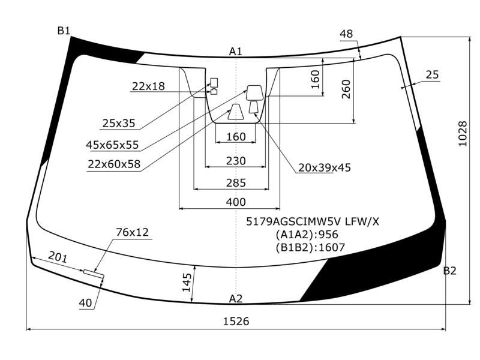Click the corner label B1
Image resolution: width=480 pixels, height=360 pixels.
tap(64, 31)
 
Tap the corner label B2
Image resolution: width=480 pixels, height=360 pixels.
tap(449, 271)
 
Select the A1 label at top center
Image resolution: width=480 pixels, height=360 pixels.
tap(236, 52)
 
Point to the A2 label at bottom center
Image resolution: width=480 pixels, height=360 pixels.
tap(236, 298)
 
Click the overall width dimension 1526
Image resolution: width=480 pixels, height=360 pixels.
tap(236, 321)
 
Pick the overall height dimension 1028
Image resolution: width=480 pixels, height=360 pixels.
tap(463, 134)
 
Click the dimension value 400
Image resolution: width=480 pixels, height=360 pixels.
tap(236, 202)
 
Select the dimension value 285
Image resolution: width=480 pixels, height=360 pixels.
tap(236, 183)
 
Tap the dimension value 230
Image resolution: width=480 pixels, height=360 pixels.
tap(236, 161)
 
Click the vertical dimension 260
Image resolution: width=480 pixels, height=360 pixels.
tap(346, 89)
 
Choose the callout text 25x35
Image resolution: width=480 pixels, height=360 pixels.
tap(119, 123)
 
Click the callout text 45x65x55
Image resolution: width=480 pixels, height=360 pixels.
tap(112, 145)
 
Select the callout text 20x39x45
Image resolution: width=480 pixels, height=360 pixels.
tap(325, 167)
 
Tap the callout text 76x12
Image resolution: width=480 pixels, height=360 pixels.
tap(132, 232)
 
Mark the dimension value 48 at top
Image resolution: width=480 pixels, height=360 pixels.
tap(346, 34)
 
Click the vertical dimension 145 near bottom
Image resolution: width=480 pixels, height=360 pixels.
tap(187, 282)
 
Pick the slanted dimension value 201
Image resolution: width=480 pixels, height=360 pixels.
tap(58, 257)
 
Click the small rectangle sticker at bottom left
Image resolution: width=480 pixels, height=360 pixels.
tap(94, 274)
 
